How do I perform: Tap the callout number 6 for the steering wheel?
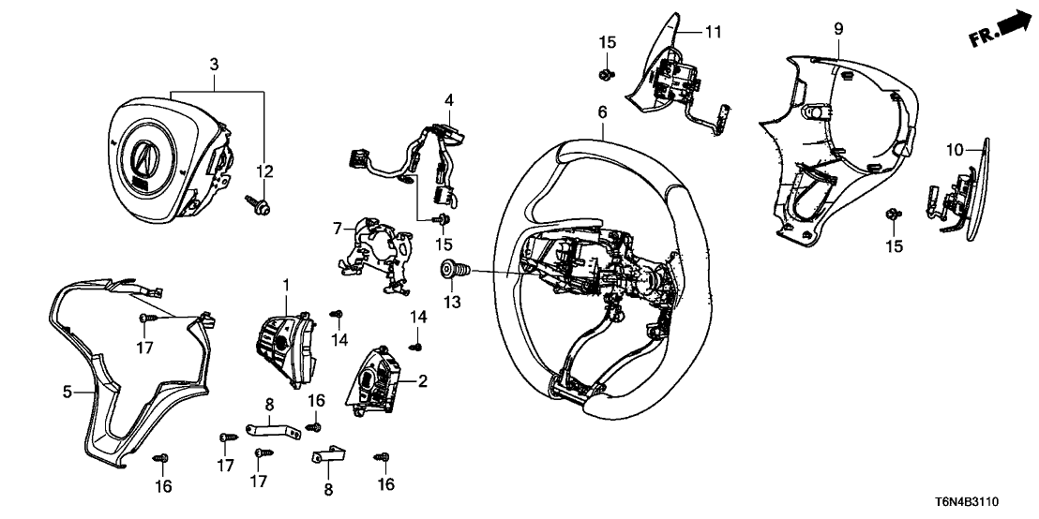602,113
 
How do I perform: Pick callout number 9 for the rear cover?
838,29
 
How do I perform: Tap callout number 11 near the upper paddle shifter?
714,33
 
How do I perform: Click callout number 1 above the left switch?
287,283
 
